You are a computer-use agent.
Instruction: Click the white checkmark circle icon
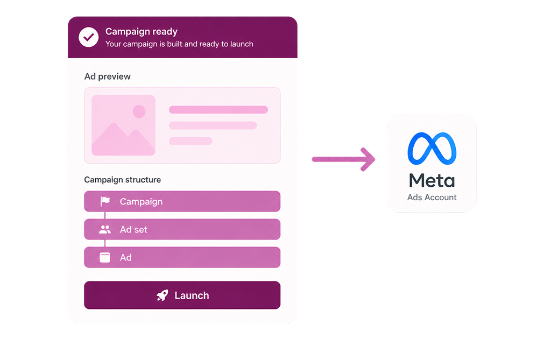pos(89,37)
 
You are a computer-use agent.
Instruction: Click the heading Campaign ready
pos(142,32)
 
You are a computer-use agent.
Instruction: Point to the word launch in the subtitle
pos(242,44)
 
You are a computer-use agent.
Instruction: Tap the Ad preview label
pos(108,76)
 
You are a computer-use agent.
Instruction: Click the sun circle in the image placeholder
pos(139,111)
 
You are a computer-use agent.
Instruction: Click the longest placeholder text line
pos(218,110)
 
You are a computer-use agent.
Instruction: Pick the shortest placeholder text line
pos(190,141)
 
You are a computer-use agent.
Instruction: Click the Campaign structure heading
pos(123,180)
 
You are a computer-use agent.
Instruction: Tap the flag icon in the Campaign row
pos(105,201)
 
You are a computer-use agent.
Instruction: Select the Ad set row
pos(182,229)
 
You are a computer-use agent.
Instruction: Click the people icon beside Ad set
pos(105,230)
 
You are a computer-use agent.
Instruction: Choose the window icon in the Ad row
pos(105,257)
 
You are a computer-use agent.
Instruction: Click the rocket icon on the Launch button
pos(163,295)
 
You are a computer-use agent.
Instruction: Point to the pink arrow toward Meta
pos(344,159)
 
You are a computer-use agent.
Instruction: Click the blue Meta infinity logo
pos(432,149)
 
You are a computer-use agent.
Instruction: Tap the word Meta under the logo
pos(432,181)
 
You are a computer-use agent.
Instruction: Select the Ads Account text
pos(432,197)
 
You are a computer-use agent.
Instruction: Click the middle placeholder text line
pos(213,125)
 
